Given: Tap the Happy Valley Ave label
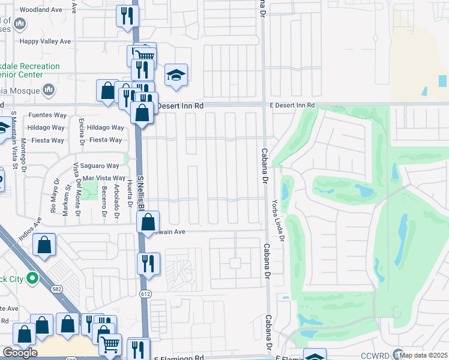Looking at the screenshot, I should (x=45, y=41).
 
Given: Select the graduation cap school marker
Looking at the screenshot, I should (x=176, y=75).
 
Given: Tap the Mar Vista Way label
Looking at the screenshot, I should (x=104, y=178).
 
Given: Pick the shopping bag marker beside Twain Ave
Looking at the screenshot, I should (x=148, y=223).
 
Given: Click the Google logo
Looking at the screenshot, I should (x=20, y=352).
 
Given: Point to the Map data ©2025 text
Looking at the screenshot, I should (x=424, y=355).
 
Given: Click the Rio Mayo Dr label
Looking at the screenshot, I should (x=55, y=197).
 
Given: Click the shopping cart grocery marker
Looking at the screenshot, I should (x=110, y=345).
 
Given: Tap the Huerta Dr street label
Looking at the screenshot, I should (x=130, y=194).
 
